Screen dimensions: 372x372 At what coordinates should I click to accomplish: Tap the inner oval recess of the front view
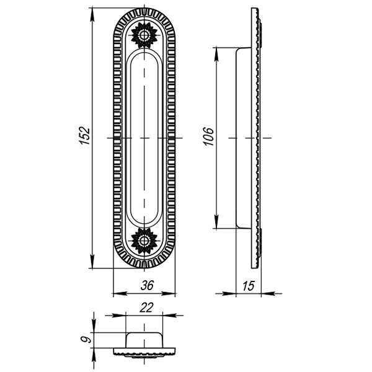pos(144,138)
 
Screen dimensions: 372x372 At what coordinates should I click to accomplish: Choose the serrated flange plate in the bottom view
pos(144,353)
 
